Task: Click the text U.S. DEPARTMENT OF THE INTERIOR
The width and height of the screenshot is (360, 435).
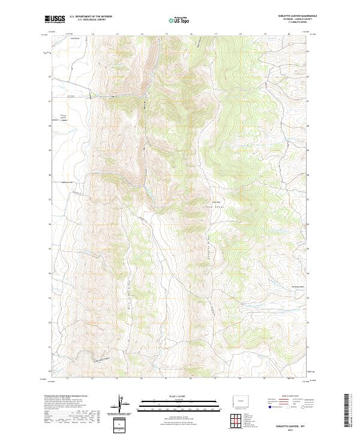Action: pos(91,17)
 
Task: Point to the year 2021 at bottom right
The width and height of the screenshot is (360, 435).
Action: pos(292,430)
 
